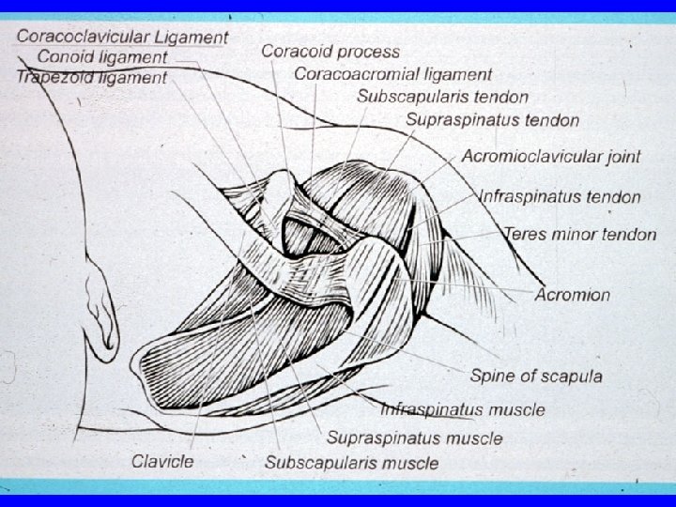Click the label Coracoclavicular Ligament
pos(122,38)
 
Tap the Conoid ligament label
pos(102,57)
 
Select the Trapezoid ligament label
pos(91,77)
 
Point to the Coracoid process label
pos(330,52)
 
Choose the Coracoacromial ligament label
pos(393,73)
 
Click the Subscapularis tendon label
pos(442,96)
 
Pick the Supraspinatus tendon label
pos(492,120)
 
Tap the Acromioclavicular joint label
pos(551,156)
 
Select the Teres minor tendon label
pos(580,234)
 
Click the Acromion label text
pos(573,295)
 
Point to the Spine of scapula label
pos(536,376)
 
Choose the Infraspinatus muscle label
pos(462,409)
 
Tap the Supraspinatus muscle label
pos(414,438)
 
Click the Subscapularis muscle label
pos(351,462)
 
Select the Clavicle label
pos(162,461)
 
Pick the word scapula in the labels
pos(571,376)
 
